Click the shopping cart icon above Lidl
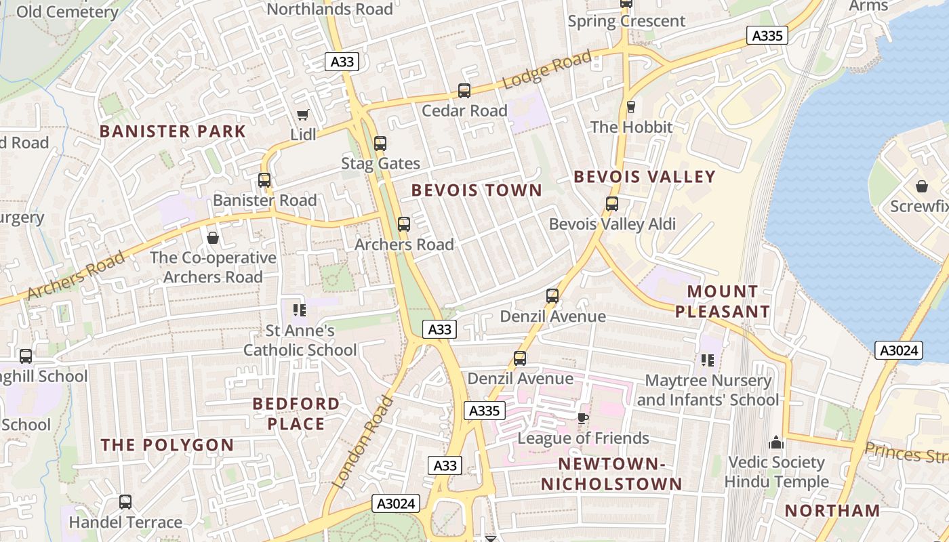pos(302,115)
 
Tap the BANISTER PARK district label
pos(173,131)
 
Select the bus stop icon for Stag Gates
pos(380,144)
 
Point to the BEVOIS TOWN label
pos(477,190)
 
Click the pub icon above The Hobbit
pos(631,107)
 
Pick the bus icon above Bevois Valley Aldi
pos(612,204)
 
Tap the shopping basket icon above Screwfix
pos(922,186)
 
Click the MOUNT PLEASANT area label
pos(723,301)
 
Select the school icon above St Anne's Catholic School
pos(300,311)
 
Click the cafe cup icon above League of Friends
pos(583,418)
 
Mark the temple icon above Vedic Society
pos(776,443)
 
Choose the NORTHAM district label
pos(832,511)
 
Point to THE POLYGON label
pos(167,445)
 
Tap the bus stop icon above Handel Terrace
pos(125,502)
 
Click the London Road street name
pos(364,442)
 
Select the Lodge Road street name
pos(548,71)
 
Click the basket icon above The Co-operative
pos(213,238)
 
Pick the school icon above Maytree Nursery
pos(708,360)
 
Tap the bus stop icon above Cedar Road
pos(464,91)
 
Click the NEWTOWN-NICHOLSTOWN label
pos(611,474)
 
